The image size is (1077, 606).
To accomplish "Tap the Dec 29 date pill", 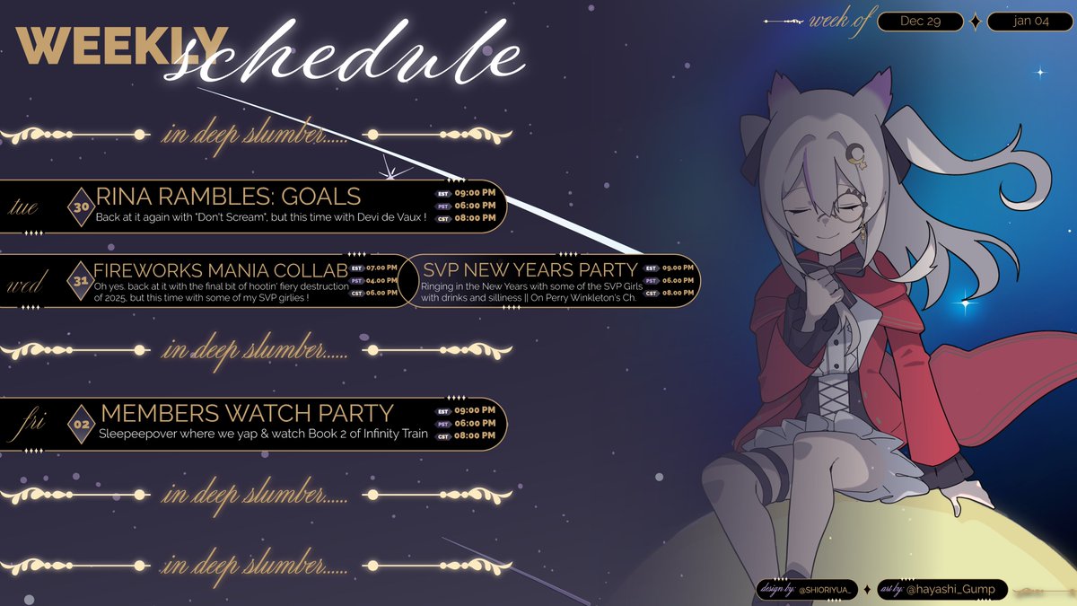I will click(921, 22).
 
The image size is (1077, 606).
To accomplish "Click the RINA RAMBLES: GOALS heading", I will click(228, 196).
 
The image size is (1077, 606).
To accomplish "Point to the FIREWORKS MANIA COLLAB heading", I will click(221, 270).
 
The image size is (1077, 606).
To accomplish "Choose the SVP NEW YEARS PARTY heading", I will click(530, 269).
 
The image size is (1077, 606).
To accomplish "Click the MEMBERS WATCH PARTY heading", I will click(247, 413).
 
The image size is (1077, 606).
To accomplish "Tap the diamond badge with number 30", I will click(80, 206).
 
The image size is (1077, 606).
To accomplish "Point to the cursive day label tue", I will click(23, 207).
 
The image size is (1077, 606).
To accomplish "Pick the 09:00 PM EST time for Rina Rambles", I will click(475, 193).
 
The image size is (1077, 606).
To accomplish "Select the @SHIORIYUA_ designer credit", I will click(823, 589).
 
